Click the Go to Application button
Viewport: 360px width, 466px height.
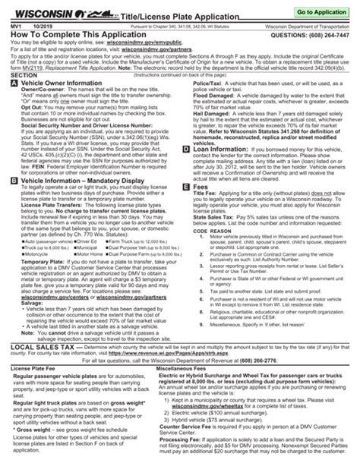coord(321,14)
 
